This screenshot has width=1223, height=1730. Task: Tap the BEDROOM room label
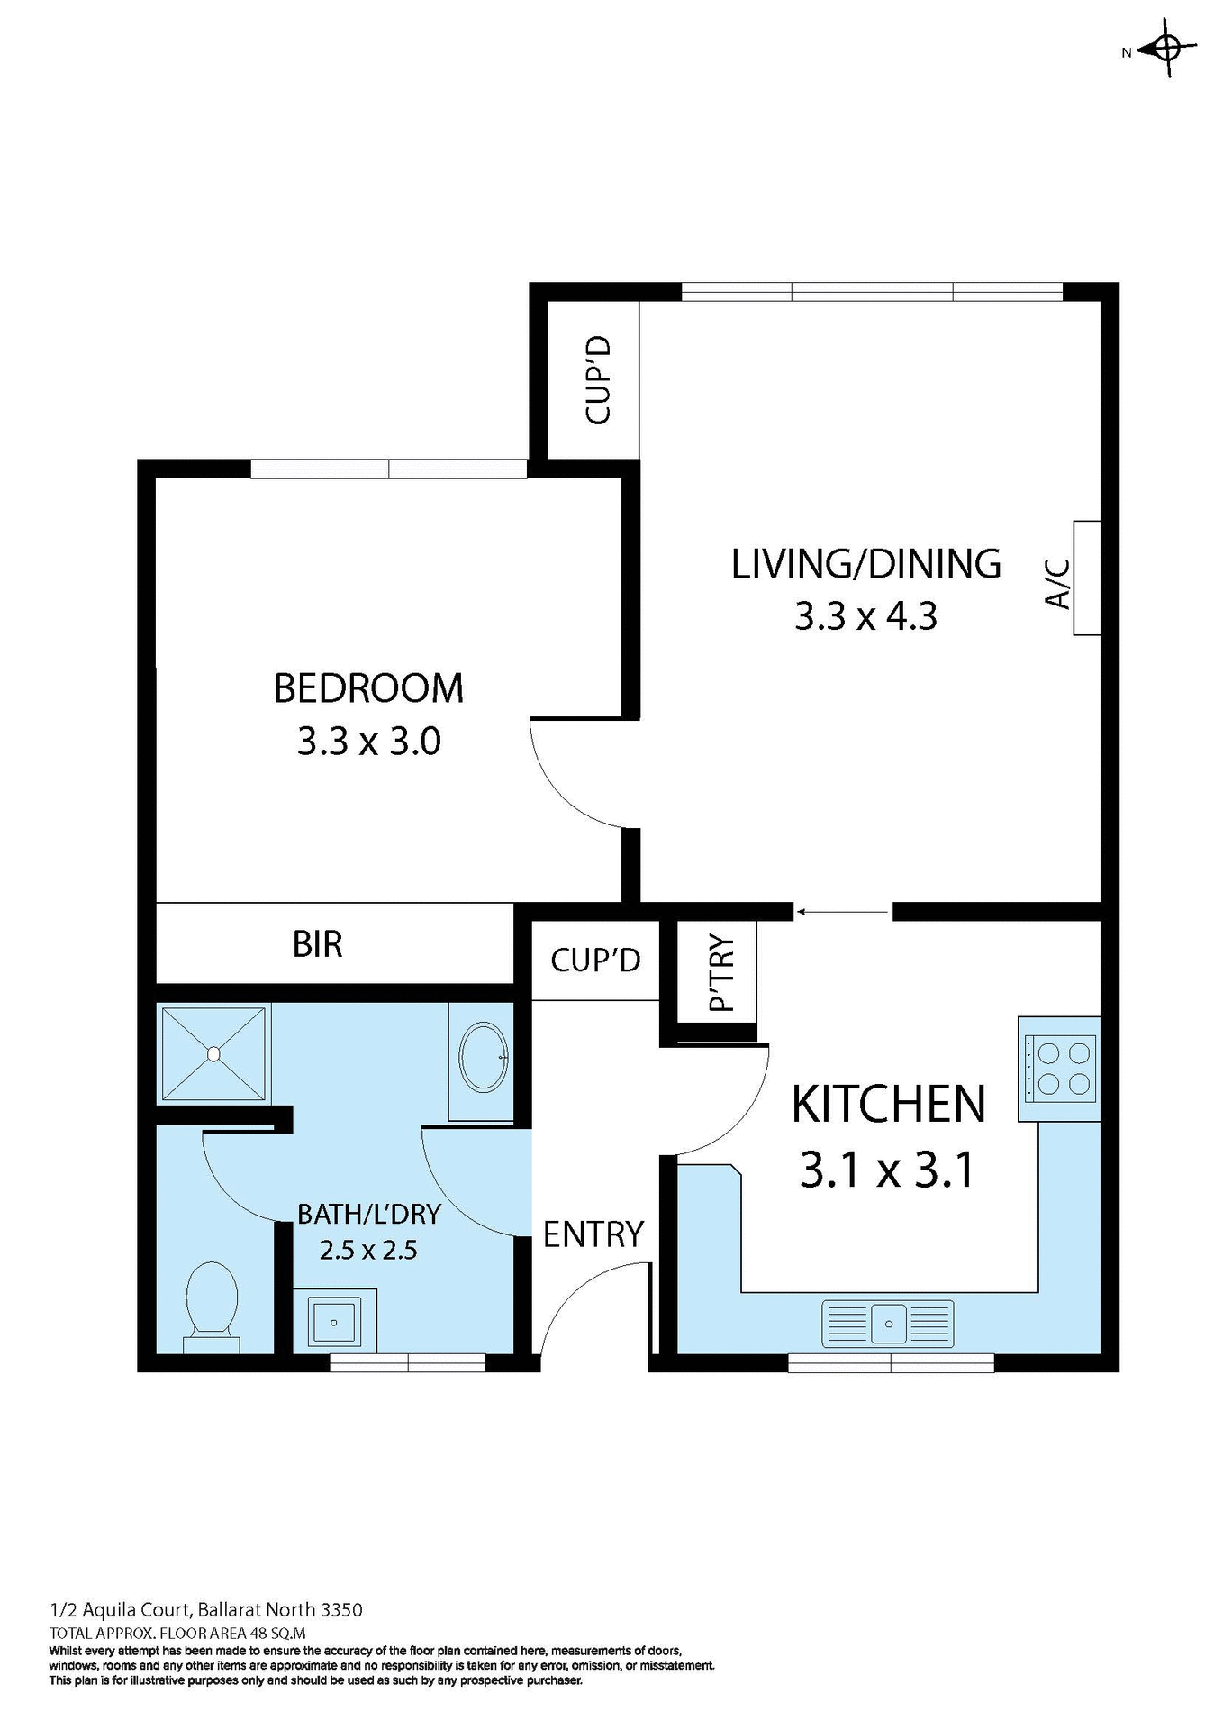click(368, 688)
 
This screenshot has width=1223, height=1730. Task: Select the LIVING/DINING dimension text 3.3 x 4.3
click(865, 617)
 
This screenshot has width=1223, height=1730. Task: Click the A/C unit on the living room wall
click(1085, 578)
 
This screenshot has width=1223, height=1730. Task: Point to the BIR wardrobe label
click(317, 944)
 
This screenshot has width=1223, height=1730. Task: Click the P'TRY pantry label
click(721, 973)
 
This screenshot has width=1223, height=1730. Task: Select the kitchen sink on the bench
click(888, 1323)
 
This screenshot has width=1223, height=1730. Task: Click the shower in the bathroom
click(213, 1052)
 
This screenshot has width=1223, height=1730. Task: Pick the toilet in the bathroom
click(212, 1304)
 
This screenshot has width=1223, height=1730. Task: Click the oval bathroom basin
click(484, 1058)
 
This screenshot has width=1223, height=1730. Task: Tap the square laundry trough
click(334, 1322)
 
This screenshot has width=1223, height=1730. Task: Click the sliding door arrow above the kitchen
click(842, 912)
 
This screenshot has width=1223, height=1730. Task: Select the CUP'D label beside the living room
click(597, 379)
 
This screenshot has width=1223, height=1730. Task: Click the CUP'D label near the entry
click(595, 960)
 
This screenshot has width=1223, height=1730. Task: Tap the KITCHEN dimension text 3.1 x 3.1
click(887, 1170)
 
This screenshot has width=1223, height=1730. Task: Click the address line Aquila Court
click(206, 1609)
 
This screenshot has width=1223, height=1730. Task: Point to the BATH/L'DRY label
click(368, 1214)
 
